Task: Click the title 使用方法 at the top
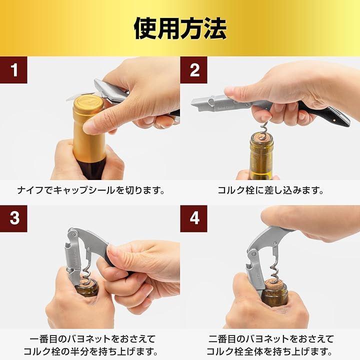tap(180, 28)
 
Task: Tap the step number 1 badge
tap(13, 70)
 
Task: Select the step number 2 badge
tap(193, 70)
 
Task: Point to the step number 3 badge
tap(13, 218)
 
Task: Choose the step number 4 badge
tap(193, 218)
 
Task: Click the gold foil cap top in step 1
tap(88, 103)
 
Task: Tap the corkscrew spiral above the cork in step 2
tap(264, 128)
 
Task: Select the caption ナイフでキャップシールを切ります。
tap(91, 190)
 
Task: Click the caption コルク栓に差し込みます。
tap(270, 190)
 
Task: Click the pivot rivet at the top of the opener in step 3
tap(73, 234)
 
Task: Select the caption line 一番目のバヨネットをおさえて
tap(92, 339)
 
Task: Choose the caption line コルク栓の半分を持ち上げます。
tap(91, 351)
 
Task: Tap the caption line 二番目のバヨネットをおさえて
tap(271, 339)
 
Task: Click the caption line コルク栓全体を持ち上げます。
tap(269, 351)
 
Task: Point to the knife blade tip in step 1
tap(67, 99)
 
